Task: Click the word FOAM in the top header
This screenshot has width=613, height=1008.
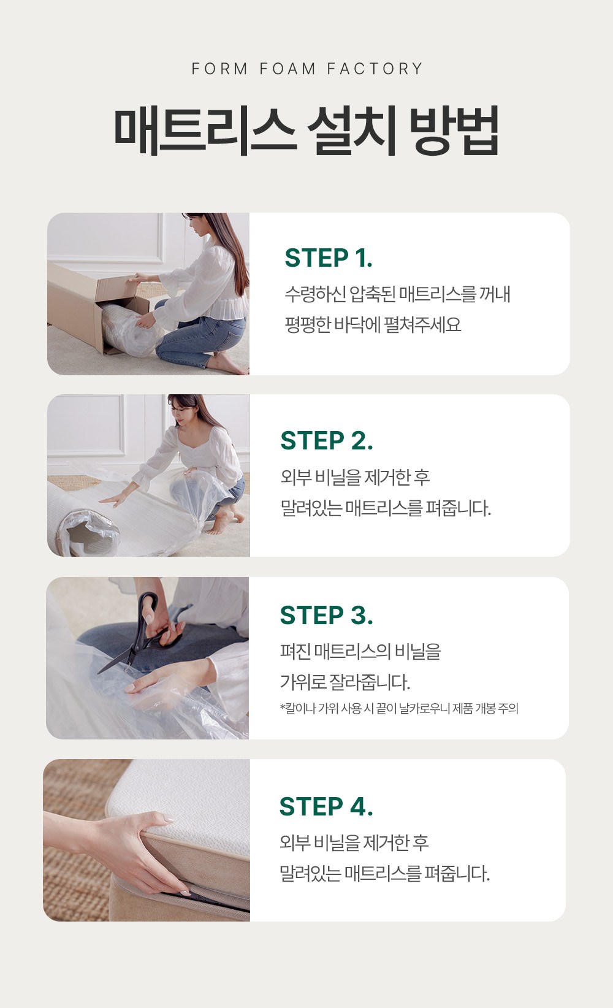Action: click(287, 69)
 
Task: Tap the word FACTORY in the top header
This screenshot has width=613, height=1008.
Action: click(375, 69)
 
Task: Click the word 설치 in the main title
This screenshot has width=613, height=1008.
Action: click(352, 131)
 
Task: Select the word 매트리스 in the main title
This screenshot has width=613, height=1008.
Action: click(205, 131)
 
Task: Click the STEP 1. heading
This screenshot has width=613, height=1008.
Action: click(329, 258)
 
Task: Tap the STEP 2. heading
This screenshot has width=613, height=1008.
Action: click(327, 441)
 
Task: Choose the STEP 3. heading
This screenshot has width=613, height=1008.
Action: click(327, 615)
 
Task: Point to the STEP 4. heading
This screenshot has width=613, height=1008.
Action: click(326, 806)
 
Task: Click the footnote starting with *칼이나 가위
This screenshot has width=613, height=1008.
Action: click(399, 708)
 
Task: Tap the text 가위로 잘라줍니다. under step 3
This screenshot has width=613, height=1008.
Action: click(345, 682)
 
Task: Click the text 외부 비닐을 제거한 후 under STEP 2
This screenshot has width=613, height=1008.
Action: click(355, 478)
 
